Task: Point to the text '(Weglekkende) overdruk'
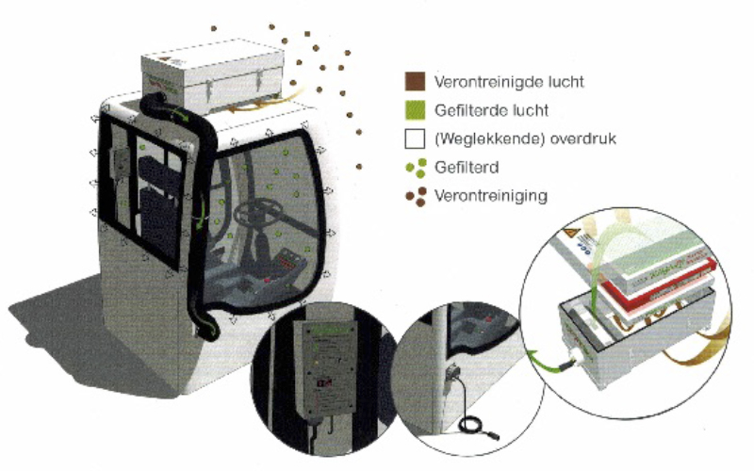click(x=524, y=139)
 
